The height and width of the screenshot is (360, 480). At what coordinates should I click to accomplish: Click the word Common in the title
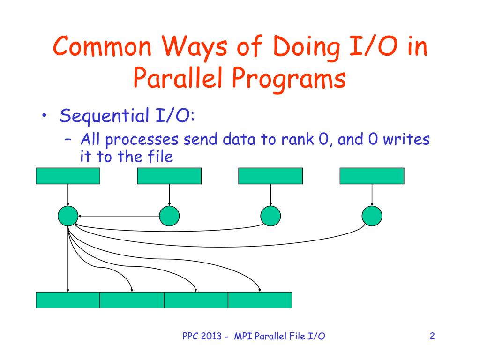click(x=102, y=46)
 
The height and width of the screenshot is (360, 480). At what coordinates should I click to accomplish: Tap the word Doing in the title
click(x=307, y=47)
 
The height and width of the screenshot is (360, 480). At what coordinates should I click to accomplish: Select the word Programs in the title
click(x=289, y=79)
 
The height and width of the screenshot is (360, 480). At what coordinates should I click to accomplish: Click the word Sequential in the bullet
click(x=105, y=116)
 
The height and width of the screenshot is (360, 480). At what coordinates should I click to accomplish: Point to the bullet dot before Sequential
click(x=45, y=115)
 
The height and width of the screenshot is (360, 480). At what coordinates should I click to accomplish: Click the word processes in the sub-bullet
click(x=142, y=140)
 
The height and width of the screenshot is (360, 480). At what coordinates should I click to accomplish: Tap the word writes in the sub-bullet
click(x=406, y=139)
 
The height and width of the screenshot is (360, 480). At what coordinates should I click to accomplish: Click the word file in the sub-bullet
click(x=160, y=156)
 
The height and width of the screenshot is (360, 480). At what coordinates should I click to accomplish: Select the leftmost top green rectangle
click(x=68, y=176)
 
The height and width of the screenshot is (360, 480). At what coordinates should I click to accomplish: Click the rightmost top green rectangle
click(x=372, y=176)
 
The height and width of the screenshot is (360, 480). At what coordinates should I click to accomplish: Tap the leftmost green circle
click(x=68, y=216)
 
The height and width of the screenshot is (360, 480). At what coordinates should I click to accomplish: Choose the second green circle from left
click(x=169, y=216)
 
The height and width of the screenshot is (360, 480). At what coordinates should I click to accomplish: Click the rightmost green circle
click(x=372, y=216)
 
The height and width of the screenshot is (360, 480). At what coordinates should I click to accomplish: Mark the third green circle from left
click(x=270, y=216)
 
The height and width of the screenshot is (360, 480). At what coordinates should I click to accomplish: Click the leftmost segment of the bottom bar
click(x=68, y=300)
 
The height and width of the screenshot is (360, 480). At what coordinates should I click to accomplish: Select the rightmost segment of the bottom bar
click(x=260, y=300)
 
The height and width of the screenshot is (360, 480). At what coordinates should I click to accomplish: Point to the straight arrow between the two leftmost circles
click(x=119, y=216)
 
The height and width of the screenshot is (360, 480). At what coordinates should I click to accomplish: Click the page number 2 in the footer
click(x=432, y=336)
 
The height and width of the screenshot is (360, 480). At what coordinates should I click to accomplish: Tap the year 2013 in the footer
click(x=211, y=336)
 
